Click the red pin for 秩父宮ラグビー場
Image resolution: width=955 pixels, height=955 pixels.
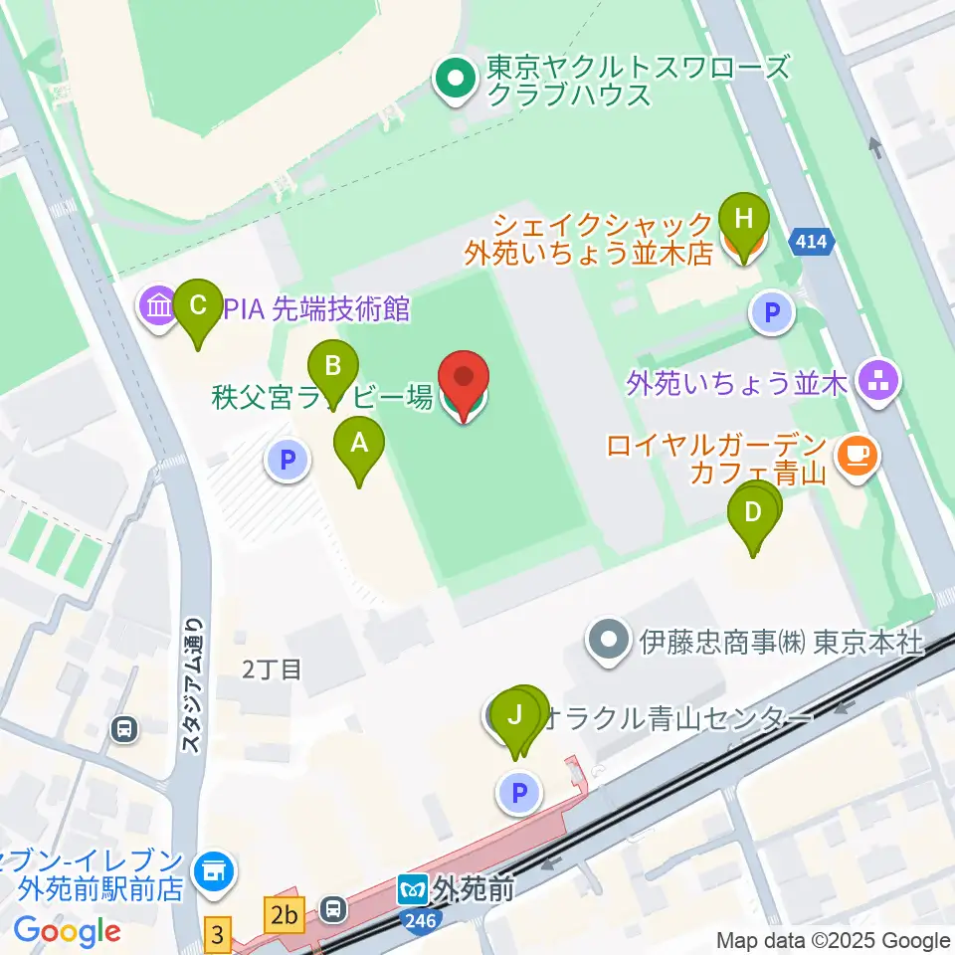pos(465,383)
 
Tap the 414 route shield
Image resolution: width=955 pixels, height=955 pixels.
pos(812,240)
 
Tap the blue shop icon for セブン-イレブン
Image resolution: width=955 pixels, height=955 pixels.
pos(212,871)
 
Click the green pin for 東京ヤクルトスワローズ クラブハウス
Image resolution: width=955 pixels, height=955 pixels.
pos(457,81)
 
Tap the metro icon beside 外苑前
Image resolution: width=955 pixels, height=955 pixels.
pos(412,886)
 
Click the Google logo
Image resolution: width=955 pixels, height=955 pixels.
pos(67,931)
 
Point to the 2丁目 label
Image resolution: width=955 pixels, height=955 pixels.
pos(272,669)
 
